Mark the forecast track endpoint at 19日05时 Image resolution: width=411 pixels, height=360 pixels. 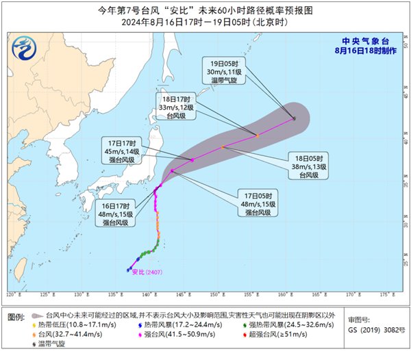294,119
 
